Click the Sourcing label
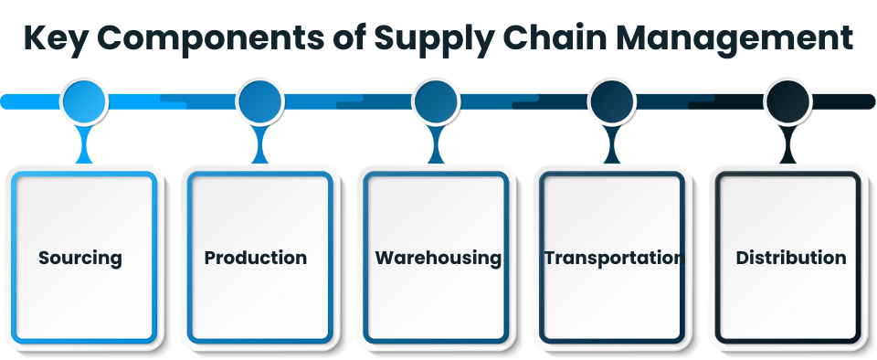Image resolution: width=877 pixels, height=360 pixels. pos(80,258)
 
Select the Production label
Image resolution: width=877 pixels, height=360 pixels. pos(256,258)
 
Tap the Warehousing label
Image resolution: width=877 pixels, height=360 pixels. pos(438,258)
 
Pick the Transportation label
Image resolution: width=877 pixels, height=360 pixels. pos(613,258)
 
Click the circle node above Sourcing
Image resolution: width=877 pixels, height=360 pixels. pos(85,101)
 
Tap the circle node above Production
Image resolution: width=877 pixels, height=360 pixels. pos(260,101)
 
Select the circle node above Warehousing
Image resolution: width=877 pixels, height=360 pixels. pos(436,101)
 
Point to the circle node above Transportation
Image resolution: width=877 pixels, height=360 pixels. pos(611,101)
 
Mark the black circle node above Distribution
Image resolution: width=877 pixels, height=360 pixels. pos(787,101)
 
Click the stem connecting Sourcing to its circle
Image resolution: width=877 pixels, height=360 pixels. pos(85,144)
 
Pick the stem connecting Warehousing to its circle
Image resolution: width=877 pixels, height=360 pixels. pos(436,144)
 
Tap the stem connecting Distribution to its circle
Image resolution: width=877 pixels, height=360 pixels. pos(787,144)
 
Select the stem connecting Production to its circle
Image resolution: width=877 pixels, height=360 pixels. pos(260,144)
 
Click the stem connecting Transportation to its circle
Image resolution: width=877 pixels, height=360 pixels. pos(611,144)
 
